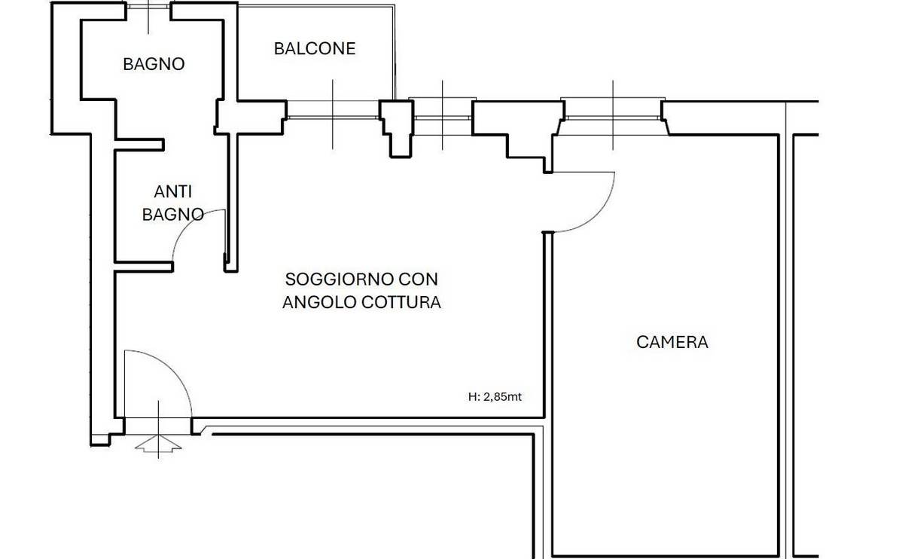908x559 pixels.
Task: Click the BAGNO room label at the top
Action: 154,64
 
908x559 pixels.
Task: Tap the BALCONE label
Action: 315,49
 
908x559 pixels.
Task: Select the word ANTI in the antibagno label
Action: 172,192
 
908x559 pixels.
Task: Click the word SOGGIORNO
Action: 339,279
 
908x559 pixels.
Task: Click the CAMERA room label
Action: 672,342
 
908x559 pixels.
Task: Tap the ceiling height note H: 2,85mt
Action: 495,396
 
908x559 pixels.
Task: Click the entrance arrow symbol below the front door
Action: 158,444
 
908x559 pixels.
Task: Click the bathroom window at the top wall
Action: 148,7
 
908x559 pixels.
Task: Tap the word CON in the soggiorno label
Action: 418,279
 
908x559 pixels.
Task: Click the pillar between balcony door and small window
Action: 398,128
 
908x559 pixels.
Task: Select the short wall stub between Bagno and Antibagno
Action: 140,145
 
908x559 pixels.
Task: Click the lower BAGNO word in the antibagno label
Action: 172,215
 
